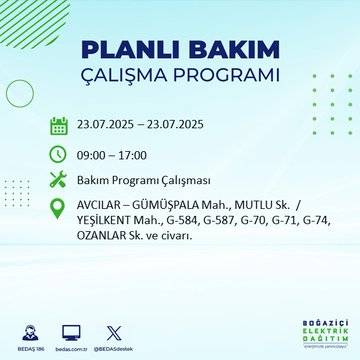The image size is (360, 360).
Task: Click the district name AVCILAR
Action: point(100,208)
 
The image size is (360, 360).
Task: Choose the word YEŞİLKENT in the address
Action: point(107,222)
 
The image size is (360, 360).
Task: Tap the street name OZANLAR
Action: point(104,237)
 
